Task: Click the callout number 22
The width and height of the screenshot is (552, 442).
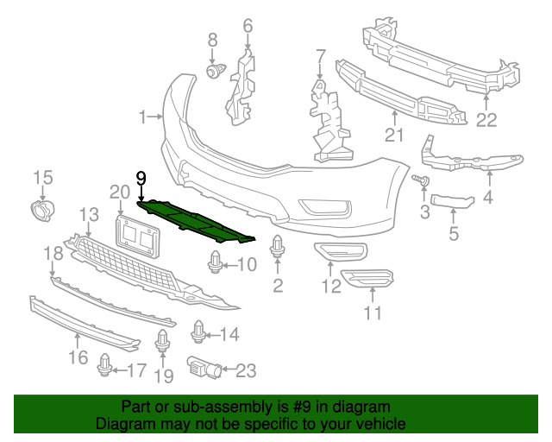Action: coord(487,121)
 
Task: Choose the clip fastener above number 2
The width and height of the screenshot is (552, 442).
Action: coord(278,247)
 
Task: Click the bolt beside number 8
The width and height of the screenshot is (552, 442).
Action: coord(213,69)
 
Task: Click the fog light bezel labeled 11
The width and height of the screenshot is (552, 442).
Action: coord(368,278)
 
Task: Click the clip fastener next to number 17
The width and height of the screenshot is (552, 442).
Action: coord(105,366)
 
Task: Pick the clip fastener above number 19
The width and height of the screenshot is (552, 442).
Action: coord(162,342)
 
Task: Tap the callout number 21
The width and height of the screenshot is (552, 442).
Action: coord(394,134)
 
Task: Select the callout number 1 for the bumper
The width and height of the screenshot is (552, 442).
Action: coord(143,116)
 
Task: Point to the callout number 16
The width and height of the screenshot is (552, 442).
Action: coord(78,357)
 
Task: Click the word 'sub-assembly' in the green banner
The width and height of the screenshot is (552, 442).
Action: coord(196,406)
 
